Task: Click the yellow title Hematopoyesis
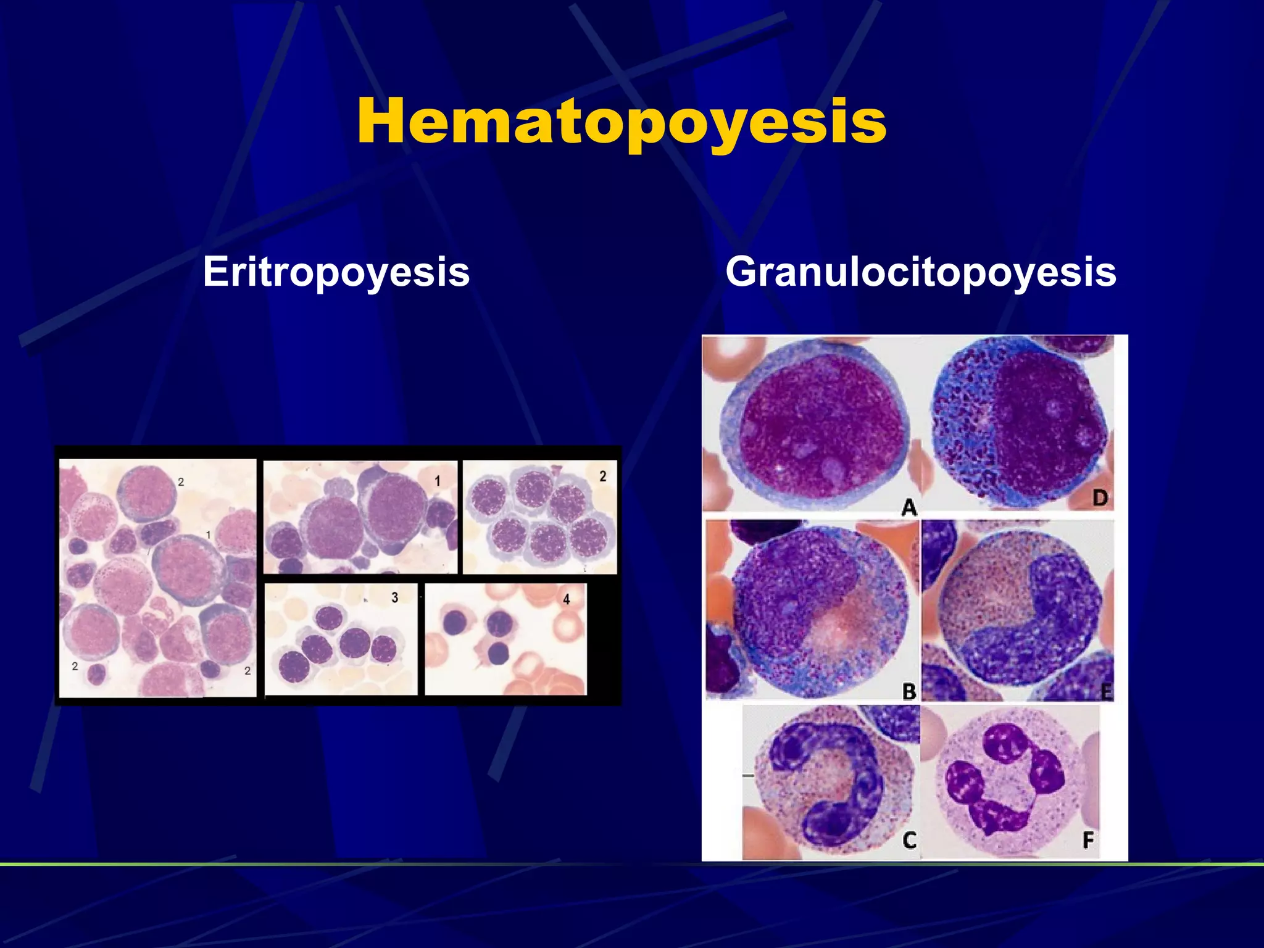point(622,122)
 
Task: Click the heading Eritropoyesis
point(336,272)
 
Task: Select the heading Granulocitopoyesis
point(920,272)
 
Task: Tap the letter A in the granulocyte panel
point(908,507)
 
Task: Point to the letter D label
point(1100,498)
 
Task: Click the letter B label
point(909,691)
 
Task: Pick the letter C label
point(909,840)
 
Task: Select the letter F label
point(1088,839)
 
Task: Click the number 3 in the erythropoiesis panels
point(395,597)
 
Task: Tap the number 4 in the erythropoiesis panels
point(567,599)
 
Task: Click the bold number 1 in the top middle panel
point(437,481)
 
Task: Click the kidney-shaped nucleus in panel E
point(1037,623)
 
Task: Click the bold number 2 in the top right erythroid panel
point(603,476)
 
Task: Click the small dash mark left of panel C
point(748,775)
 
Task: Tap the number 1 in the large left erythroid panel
point(209,534)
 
